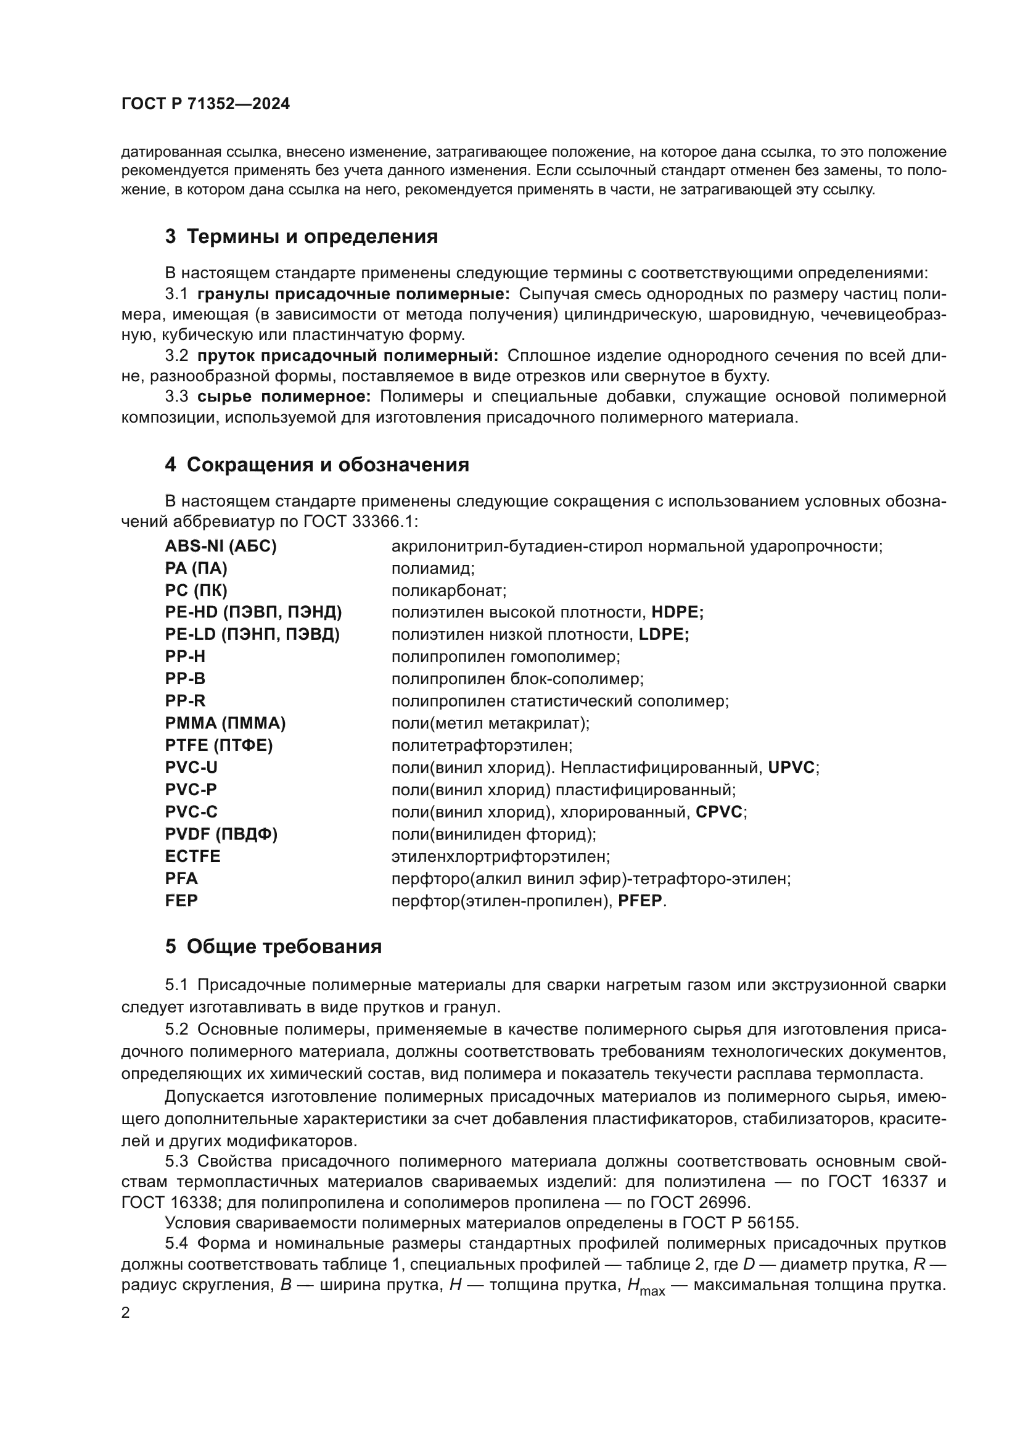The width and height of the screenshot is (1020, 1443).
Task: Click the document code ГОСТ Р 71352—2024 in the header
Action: [x=205, y=104]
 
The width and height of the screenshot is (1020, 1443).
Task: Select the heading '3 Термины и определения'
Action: [x=302, y=237]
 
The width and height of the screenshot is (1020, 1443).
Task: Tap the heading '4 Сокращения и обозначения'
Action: [x=317, y=465]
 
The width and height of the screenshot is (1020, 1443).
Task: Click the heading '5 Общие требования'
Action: [x=273, y=946]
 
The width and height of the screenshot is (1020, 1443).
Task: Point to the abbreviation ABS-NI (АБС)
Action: [x=220, y=546]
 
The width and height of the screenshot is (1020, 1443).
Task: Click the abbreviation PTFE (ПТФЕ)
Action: [x=218, y=745]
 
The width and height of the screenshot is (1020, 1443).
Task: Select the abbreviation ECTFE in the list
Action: [x=193, y=856]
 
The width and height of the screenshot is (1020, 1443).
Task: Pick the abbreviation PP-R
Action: [x=185, y=701]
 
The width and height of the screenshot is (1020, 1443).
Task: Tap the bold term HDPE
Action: [x=677, y=612]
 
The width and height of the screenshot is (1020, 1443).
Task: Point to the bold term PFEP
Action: [x=640, y=901]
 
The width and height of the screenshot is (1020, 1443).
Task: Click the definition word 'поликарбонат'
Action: [x=448, y=591]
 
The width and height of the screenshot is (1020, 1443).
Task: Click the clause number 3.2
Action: [x=176, y=356]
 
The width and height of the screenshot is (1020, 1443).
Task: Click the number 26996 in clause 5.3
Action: [x=723, y=1202]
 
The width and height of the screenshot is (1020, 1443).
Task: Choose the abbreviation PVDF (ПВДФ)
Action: [x=221, y=834]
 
